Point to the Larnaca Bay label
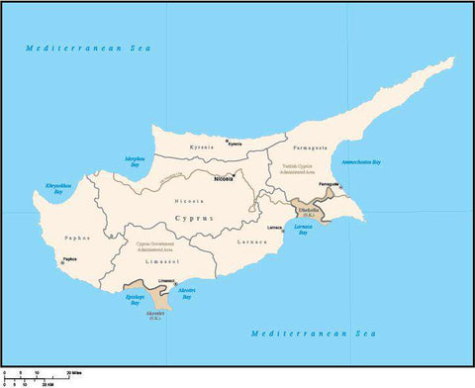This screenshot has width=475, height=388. [302, 232]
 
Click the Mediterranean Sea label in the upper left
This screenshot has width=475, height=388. [85, 48]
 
